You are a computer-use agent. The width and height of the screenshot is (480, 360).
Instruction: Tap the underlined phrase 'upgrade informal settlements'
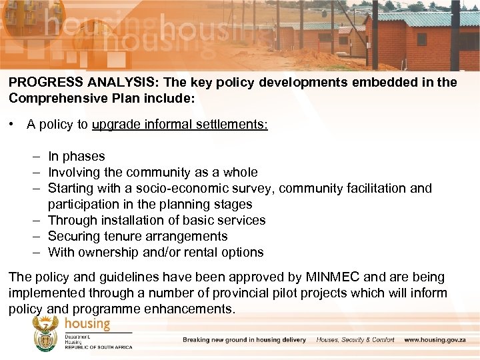tap(180, 125)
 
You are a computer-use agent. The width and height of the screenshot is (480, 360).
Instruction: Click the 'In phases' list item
tap(76, 157)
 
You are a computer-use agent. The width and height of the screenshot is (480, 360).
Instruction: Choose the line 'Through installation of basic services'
tap(157, 221)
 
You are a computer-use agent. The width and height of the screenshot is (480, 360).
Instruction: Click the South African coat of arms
tap(46, 334)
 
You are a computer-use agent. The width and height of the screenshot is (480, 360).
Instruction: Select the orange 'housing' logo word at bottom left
tap(87, 324)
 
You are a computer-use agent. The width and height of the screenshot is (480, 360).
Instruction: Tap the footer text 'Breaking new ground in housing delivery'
tap(244, 340)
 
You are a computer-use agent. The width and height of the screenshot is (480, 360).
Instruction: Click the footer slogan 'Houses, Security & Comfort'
tap(355, 340)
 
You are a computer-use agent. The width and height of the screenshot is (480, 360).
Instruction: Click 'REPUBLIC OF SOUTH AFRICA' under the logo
tap(99, 347)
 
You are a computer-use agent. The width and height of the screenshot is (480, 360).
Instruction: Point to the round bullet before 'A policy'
tap(13, 125)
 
